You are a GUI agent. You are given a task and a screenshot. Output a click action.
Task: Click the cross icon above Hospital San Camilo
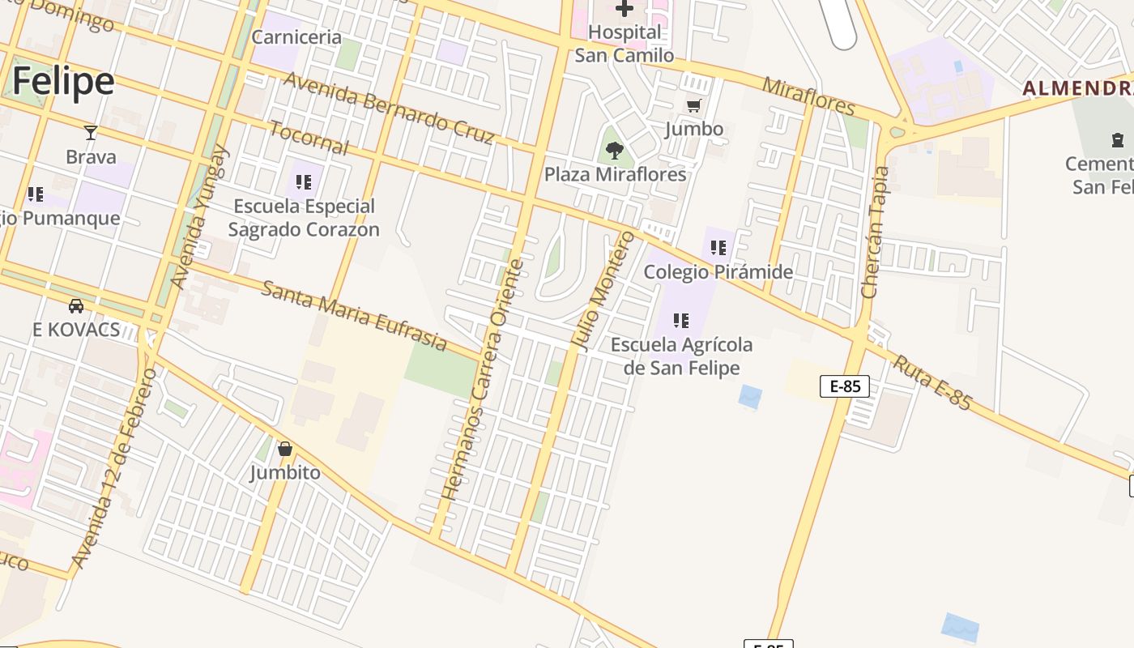(x=625, y=9)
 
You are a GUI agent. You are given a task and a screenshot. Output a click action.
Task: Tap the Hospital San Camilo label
(x=625, y=44)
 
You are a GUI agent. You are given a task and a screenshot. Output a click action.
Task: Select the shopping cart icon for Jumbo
(x=694, y=106)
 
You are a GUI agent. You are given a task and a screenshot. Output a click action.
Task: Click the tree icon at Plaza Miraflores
(x=615, y=150)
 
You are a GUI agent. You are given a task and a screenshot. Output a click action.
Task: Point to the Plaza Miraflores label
(x=615, y=174)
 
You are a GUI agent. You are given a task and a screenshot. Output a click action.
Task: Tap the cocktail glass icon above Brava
(x=91, y=133)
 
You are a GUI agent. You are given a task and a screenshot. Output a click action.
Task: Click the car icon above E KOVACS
(x=76, y=305)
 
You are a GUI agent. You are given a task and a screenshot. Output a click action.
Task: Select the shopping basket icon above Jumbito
(x=285, y=449)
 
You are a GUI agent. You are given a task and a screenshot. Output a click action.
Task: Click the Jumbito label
(x=285, y=472)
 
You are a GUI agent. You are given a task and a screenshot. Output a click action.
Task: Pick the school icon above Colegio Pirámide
(x=718, y=247)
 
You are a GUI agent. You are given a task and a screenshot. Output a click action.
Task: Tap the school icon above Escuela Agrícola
(x=681, y=321)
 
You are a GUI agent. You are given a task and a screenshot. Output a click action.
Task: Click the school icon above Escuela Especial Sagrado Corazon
(x=304, y=182)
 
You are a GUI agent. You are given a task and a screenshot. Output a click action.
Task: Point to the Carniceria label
(x=296, y=37)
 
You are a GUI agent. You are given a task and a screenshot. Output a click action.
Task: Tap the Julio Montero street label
(x=603, y=290)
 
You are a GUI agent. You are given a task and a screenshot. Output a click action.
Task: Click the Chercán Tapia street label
(x=876, y=232)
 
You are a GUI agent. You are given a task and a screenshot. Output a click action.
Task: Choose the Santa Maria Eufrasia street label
(x=354, y=315)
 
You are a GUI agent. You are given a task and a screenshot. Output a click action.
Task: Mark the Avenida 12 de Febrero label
(x=114, y=467)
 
